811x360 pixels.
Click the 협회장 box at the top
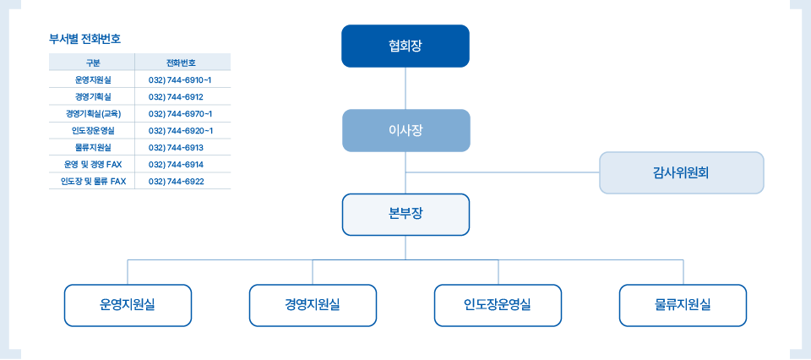[x=405, y=46]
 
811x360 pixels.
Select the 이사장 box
[x=405, y=130]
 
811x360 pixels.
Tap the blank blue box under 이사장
[x=405, y=215]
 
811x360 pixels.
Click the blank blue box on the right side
[x=681, y=172]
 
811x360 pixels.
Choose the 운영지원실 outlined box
[x=128, y=305]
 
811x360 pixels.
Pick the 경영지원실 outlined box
[x=313, y=305]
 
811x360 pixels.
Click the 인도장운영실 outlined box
[x=498, y=305]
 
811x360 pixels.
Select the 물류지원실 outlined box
[x=683, y=305]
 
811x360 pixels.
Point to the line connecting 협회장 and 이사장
[x=405, y=88]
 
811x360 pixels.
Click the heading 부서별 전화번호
[x=84, y=38]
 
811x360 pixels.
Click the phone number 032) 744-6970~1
[x=180, y=113]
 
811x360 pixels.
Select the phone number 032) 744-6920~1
[x=180, y=130]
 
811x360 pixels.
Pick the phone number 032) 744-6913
[x=176, y=148]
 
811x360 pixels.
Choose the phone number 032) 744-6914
[x=176, y=165]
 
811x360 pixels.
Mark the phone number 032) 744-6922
[x=176, y=182]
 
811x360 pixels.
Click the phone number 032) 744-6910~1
[x=180, y=79]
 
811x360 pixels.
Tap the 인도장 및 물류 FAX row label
[x=92, y=182]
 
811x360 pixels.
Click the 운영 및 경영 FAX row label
[x=92, y=165]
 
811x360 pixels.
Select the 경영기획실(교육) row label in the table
[x=92, y=113]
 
